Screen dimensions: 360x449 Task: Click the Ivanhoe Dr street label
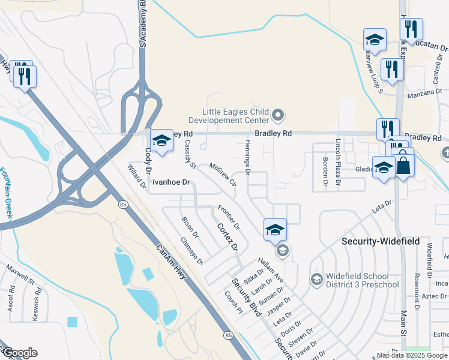170,182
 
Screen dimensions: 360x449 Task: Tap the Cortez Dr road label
227,237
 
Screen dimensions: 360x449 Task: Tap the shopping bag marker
403,164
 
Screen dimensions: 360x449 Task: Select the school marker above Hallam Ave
275,229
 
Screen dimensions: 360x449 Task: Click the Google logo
19,353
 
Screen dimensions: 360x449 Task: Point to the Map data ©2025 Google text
412,355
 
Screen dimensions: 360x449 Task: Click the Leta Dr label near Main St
382,207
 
